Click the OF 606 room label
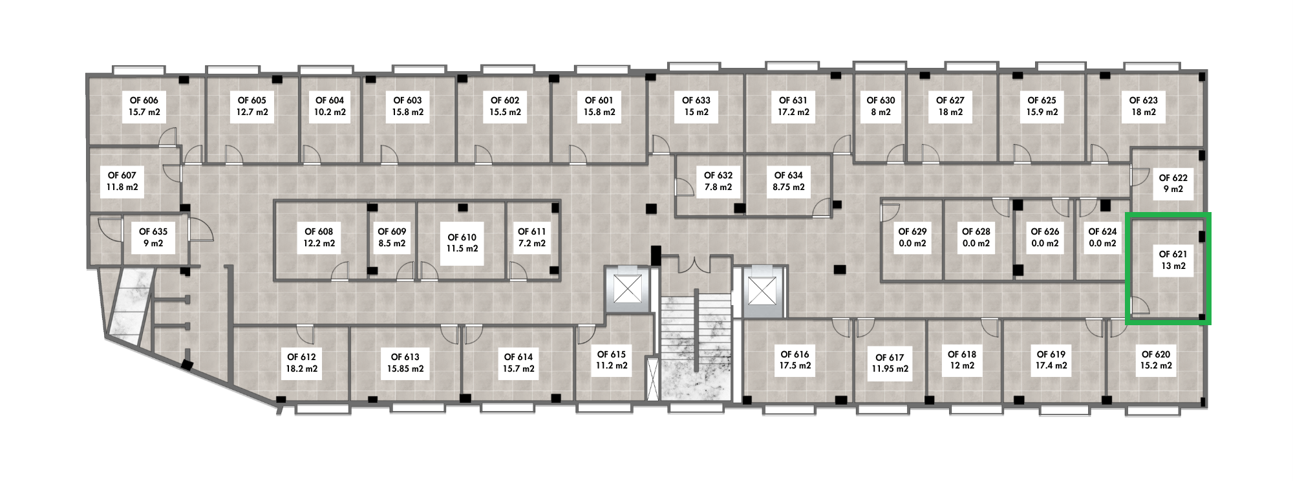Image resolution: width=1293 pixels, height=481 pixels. [144, 106]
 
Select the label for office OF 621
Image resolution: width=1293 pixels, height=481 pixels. [1173, 260]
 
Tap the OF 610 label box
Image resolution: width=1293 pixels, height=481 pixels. [462, 242]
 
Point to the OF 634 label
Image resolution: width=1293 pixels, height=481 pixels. [789, 181]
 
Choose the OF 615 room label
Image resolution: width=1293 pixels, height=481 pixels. [612, 359]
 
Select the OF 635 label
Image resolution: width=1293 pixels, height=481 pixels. [153, 237]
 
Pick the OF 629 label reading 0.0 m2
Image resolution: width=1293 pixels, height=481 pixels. [912, 237]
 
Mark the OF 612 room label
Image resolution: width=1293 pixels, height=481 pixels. [302, 363]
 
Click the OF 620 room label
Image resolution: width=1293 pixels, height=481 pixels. [1156, 359]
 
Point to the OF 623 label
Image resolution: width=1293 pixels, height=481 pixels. [1143, 106]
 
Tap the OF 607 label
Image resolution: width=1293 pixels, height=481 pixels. [122, 181]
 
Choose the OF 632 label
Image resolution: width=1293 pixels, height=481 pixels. [718, 181]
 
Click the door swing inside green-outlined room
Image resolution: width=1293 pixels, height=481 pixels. [1140, 306]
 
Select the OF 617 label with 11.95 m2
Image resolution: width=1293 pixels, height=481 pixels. [890, 363]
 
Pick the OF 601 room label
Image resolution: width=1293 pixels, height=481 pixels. [599, 106]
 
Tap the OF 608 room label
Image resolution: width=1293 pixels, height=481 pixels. [319, 237]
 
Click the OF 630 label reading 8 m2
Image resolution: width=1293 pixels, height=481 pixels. [881, 106]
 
